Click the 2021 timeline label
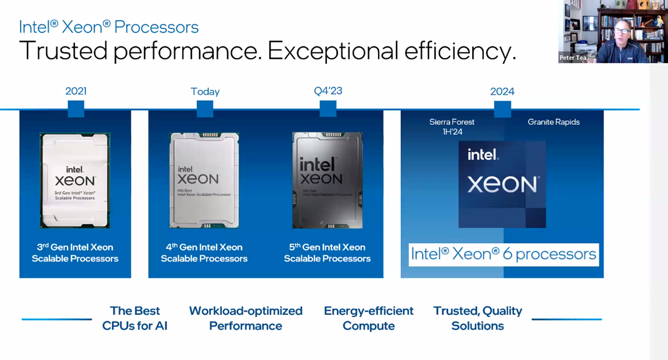76,91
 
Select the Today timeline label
205,92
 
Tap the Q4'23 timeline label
328,91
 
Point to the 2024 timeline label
502,92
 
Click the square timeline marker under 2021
76,109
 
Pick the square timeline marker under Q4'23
328,109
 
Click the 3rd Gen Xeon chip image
75,181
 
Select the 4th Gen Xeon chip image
204,180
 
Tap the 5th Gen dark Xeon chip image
328,180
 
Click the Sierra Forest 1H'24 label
452,127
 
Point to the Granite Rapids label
554,122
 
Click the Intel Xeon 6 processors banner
504,254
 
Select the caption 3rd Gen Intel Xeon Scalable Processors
75,253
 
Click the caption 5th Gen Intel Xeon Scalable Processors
327,253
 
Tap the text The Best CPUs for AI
135,318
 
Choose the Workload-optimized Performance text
246,318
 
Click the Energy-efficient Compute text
369,318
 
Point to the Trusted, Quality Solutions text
477,318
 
